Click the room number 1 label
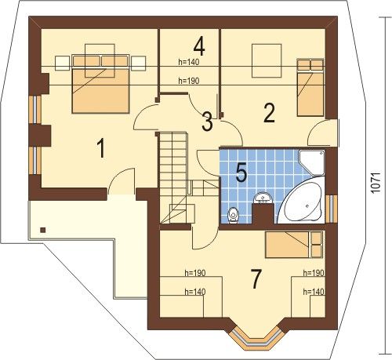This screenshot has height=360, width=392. (101, 148)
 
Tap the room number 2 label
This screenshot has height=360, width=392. (269, 113)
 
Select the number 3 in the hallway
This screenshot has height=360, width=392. (207, 122)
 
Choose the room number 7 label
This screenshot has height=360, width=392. (256, 279)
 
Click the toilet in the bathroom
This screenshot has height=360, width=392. (233, 216)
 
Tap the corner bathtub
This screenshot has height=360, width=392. (301, 200)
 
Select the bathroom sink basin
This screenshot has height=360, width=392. (263, 198)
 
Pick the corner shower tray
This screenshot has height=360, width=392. (311, 162)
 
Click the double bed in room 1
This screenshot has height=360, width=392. (100, 84)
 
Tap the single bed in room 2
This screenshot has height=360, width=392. (310, 87)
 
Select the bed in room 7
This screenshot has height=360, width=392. (294, 245)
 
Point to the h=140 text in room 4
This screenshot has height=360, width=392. (189, 62)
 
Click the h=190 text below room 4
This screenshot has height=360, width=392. (189, 81)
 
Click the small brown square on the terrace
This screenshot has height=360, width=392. (43, 230)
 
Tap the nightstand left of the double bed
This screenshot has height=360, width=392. (62, 64)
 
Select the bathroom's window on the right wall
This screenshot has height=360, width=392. (332, 208)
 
